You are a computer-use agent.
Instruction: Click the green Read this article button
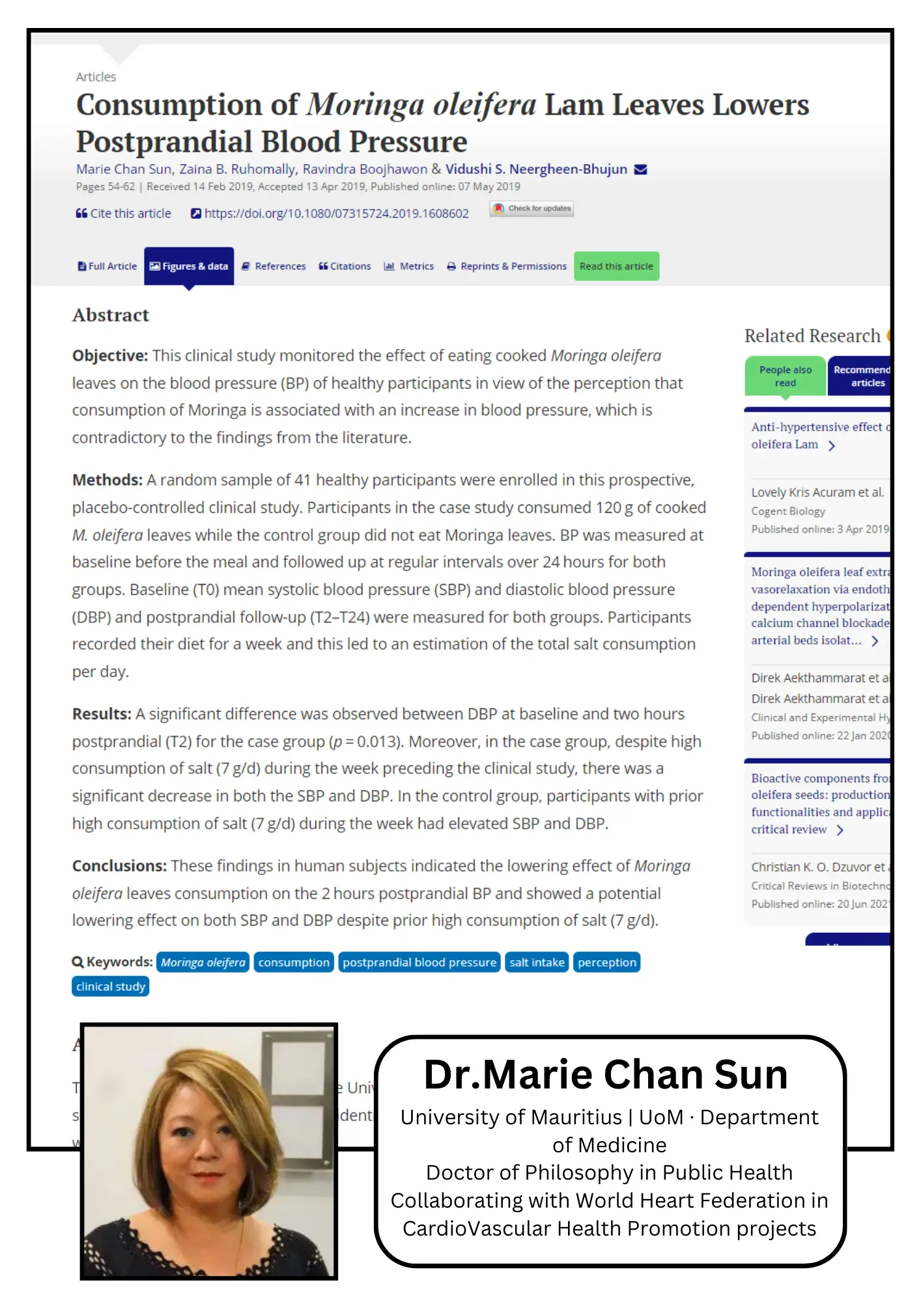pos(616,266)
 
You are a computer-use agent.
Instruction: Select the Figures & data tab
pos(189,266)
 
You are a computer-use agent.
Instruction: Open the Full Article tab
pos(107,266)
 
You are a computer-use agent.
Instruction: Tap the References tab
pos(274,266)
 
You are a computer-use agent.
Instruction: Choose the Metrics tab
pos(409,266)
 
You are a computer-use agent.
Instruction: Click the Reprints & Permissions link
pos(507,266)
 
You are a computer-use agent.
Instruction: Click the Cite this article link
pos(124,214)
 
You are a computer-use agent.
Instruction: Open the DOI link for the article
pos(330,214)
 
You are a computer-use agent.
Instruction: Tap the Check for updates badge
pos(532,208)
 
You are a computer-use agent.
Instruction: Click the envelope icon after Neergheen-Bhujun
pos(641,169)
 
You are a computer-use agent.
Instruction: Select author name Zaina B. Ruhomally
pos(238,169)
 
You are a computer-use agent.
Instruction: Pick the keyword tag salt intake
pos(537,962)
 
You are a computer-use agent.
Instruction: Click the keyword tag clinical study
pos(111,986)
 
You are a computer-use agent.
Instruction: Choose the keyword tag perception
pos(606,962)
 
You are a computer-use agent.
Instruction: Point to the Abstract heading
pos(111,315)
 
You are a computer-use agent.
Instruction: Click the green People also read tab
pos(785,376)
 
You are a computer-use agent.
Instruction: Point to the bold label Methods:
pos(107,480)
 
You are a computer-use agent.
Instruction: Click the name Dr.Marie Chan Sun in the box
pos(606,1074)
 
